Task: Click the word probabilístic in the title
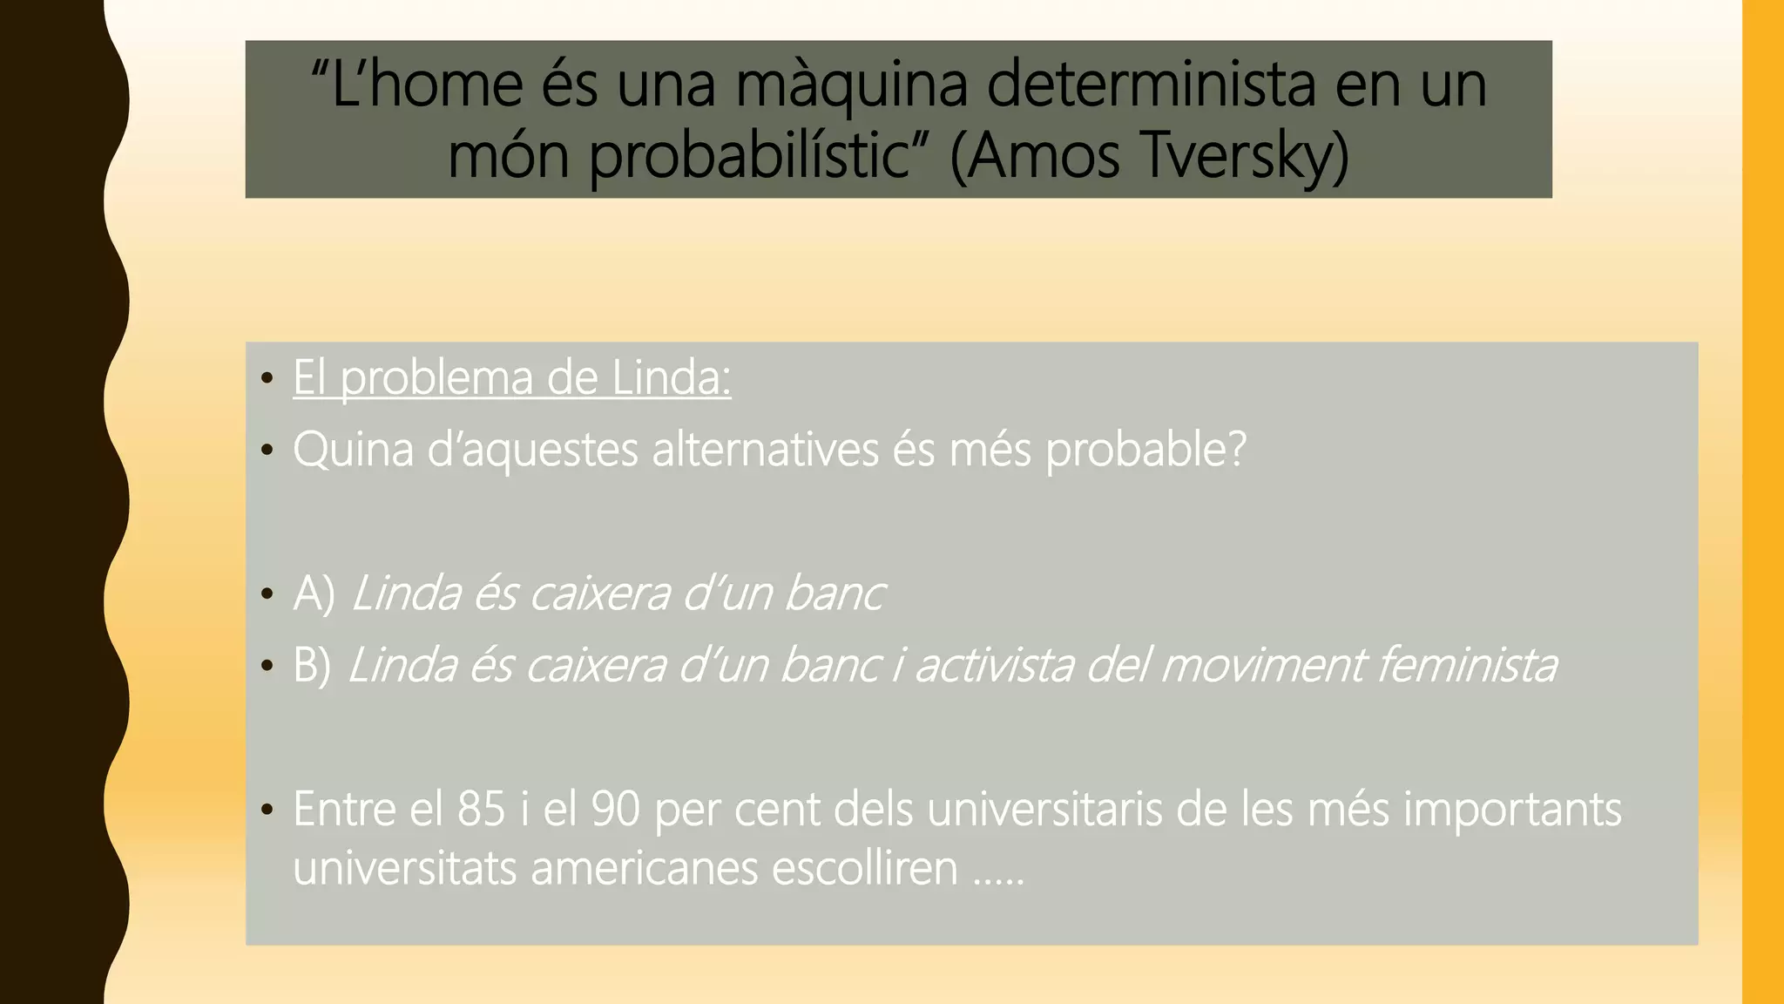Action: pos(750,157)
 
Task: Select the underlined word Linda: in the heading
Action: pos(671,378)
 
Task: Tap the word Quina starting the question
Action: pos(353,451)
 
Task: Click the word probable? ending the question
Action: pos(1145,451)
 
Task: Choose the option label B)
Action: pos(312,666)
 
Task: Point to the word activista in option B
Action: pos(993,666)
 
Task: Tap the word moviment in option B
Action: pos(1260,666)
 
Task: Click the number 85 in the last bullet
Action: pos(481,809)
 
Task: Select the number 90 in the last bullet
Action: pos(616,809)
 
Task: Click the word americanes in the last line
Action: pos(645,868)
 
